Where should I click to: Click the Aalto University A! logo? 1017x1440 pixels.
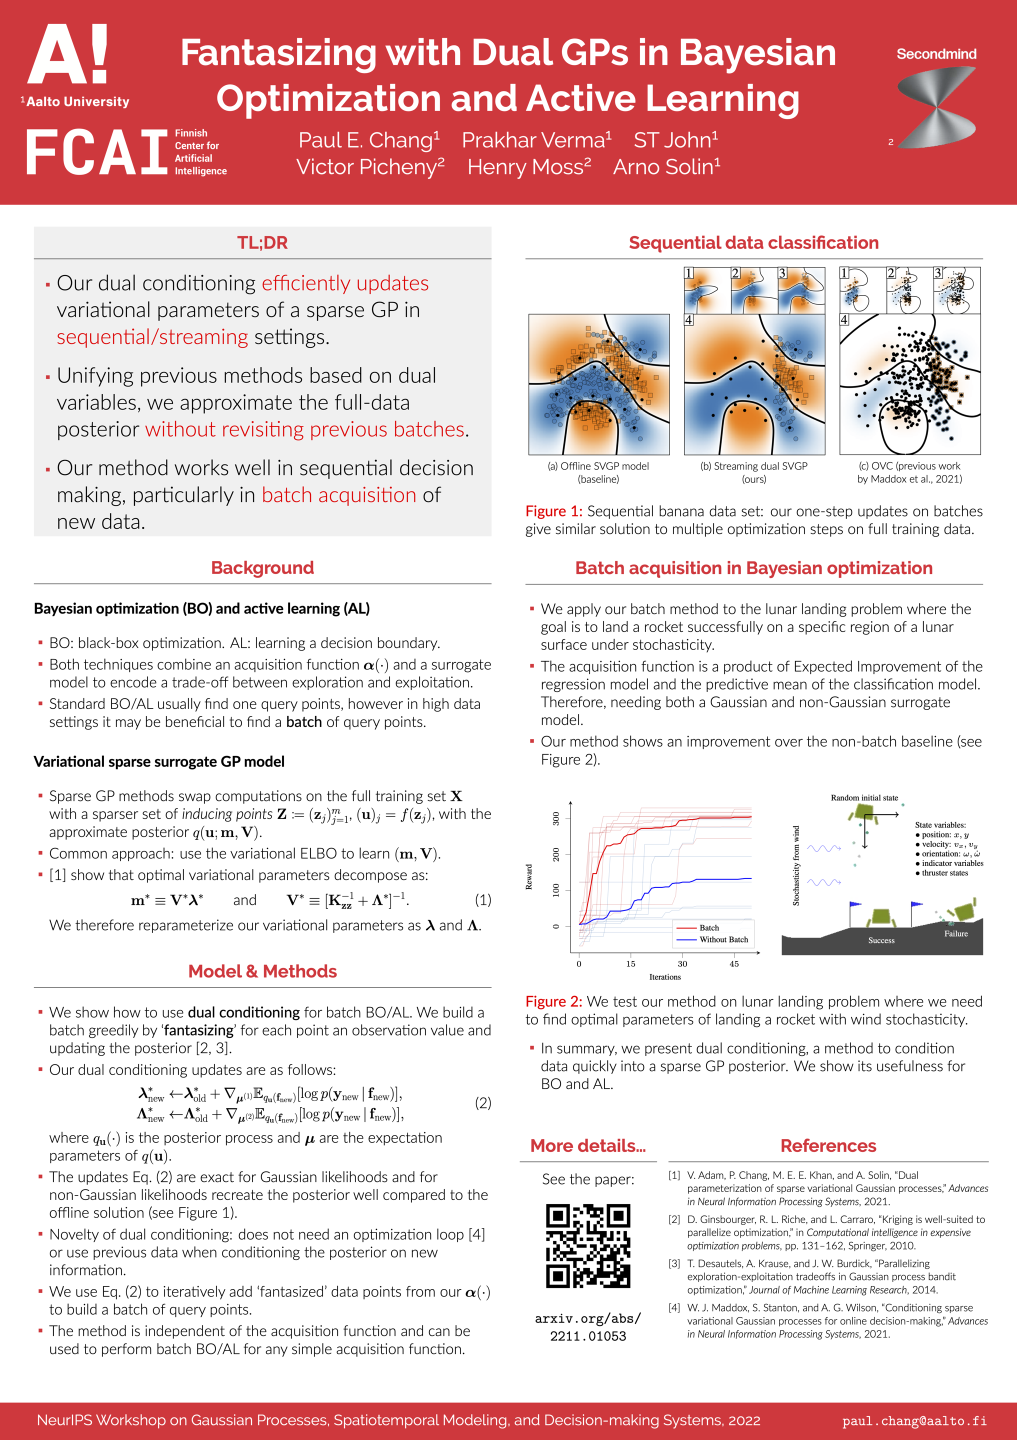point(67,55)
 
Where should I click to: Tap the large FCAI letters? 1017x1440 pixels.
point(96,152)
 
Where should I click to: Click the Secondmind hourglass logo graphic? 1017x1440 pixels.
point(936,107)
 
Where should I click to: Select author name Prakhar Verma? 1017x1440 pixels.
point(536,140)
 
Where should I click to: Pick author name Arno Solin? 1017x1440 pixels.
point(666,167)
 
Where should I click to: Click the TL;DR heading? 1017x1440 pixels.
point(262,242)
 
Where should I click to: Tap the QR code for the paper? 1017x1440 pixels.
point(587,1245)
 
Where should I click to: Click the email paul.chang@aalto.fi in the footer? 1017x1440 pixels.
point(913,1420)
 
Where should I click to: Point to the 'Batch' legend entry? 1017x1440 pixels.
point(709,927)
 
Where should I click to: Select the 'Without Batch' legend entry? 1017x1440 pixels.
point(723,939)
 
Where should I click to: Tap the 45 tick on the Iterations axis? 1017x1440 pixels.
point(734,964)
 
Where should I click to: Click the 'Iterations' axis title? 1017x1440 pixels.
point(664,976)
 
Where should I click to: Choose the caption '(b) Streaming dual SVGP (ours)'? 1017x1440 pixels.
point(753,472)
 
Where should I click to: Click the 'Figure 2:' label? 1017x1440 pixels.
point(553,1001)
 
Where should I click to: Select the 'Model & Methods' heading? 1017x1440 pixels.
point(262,971)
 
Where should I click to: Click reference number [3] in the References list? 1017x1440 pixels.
point(674,1263)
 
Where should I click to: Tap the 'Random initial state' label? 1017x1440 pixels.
point(864,798)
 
